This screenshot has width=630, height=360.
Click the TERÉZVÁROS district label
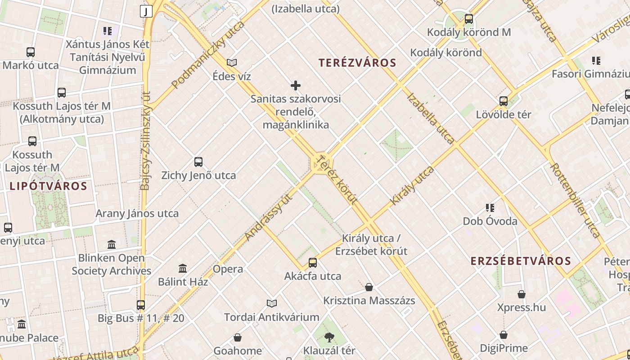[357, 63]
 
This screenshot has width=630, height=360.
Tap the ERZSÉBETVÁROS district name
[521, 261]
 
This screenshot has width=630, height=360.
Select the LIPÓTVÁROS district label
[48, 186]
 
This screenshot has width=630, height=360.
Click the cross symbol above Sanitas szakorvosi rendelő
[296, 85]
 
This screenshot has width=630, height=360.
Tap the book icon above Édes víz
[232, 63]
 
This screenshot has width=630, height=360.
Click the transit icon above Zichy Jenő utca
[198, 162]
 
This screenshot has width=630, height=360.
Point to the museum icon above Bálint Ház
[183, 269]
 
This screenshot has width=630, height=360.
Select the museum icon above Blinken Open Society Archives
[112, 245]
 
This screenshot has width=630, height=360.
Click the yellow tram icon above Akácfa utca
[313, 263]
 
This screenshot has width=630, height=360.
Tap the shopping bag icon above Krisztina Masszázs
[369, 287]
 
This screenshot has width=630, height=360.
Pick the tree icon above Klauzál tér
[329, 337]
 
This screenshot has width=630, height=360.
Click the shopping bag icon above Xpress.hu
[522, 294]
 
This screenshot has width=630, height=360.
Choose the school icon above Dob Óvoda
[490, 208]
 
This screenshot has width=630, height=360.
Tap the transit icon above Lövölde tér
[504, 101]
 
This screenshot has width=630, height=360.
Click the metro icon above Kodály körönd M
[469, 19]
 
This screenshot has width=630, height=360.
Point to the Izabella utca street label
[430, 118]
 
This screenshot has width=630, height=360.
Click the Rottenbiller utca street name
[575, 200]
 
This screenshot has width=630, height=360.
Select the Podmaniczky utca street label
[208, 54]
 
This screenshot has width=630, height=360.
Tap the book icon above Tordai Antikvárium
[271, 303]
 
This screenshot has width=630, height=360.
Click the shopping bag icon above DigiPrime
[504, 335]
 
